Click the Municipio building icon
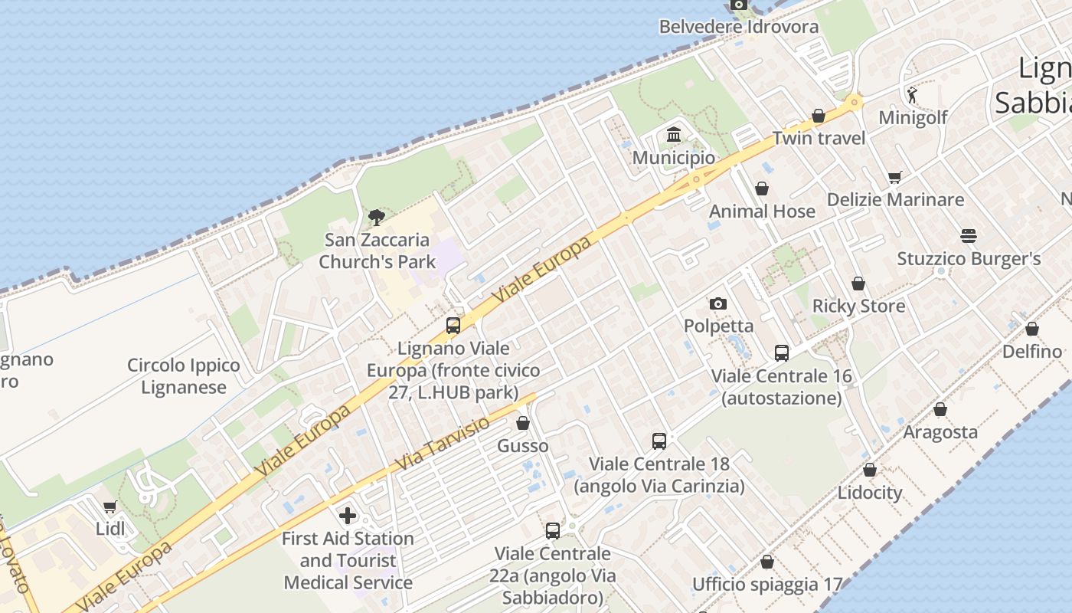(x=674, y=135)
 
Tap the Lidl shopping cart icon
(x=109, y=506)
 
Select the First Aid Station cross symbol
(x=348, y=515)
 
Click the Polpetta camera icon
(x=717, y=303)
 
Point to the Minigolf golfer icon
(x=912, y=95)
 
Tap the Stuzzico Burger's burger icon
(x=969, y=235)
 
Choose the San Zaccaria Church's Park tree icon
(x=376, y=217)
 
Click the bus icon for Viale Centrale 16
(x=781, y=352)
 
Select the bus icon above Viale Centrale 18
(x=659, y=441)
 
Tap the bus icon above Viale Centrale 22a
(x=552, y=530)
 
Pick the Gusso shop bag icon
(x=523, y=423)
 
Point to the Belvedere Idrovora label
(x=739, y=27)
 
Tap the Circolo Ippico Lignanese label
(x=184, y=376)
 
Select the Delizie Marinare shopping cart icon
(x=894, y=177)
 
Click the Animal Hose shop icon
(x=762, y=188)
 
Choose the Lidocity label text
(x=870, y=492)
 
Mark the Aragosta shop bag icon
(x=940, y=409)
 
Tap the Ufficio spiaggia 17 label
(x=767, y=585)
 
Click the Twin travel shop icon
(x=819, y=116)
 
